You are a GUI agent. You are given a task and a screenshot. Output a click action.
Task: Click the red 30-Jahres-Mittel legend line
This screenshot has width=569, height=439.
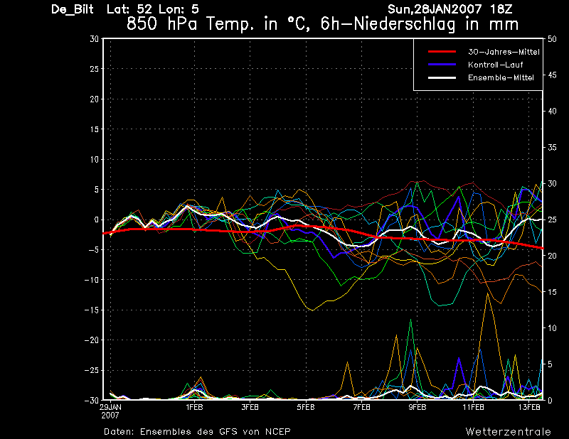coord(442,51)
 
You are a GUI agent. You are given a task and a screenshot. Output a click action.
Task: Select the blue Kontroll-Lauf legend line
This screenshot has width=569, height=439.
coord(442,65)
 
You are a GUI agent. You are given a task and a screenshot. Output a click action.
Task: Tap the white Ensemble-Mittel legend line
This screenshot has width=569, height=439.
coord(442,77)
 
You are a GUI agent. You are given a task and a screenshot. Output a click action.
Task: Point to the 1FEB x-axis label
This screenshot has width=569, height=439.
coord(194,407)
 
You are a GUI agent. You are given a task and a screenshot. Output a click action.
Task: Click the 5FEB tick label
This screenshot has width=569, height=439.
coord(306,407)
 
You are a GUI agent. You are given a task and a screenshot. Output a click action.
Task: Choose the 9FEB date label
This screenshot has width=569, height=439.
coord(418,407)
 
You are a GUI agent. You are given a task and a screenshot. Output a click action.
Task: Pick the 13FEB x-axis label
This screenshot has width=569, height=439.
coord(529,407)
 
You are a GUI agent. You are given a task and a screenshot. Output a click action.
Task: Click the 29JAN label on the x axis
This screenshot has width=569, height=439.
coord(110,407)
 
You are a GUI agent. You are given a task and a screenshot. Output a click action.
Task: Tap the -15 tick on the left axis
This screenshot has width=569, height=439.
coord(92,310)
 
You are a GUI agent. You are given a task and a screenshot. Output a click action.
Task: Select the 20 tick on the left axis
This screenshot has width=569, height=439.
coord(95,99)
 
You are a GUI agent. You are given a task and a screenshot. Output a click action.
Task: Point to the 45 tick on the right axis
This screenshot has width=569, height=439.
coord(552,75)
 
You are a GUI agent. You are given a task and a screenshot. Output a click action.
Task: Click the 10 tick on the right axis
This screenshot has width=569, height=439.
coord(552,328)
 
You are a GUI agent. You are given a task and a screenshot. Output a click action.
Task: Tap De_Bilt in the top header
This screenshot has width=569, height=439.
coord(73,9)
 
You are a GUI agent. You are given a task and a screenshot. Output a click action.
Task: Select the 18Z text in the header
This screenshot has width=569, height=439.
coord(501,9)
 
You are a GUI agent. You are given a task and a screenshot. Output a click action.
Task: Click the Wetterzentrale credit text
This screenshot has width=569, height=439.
coord(509,432)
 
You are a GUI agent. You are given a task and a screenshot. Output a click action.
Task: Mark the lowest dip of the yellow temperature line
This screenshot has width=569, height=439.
coord(313,310)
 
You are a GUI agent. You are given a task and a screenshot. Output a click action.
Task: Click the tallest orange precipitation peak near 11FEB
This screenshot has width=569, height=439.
coord(488,293)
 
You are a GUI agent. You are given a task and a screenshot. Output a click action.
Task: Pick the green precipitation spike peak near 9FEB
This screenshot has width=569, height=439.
coord(411,320)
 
